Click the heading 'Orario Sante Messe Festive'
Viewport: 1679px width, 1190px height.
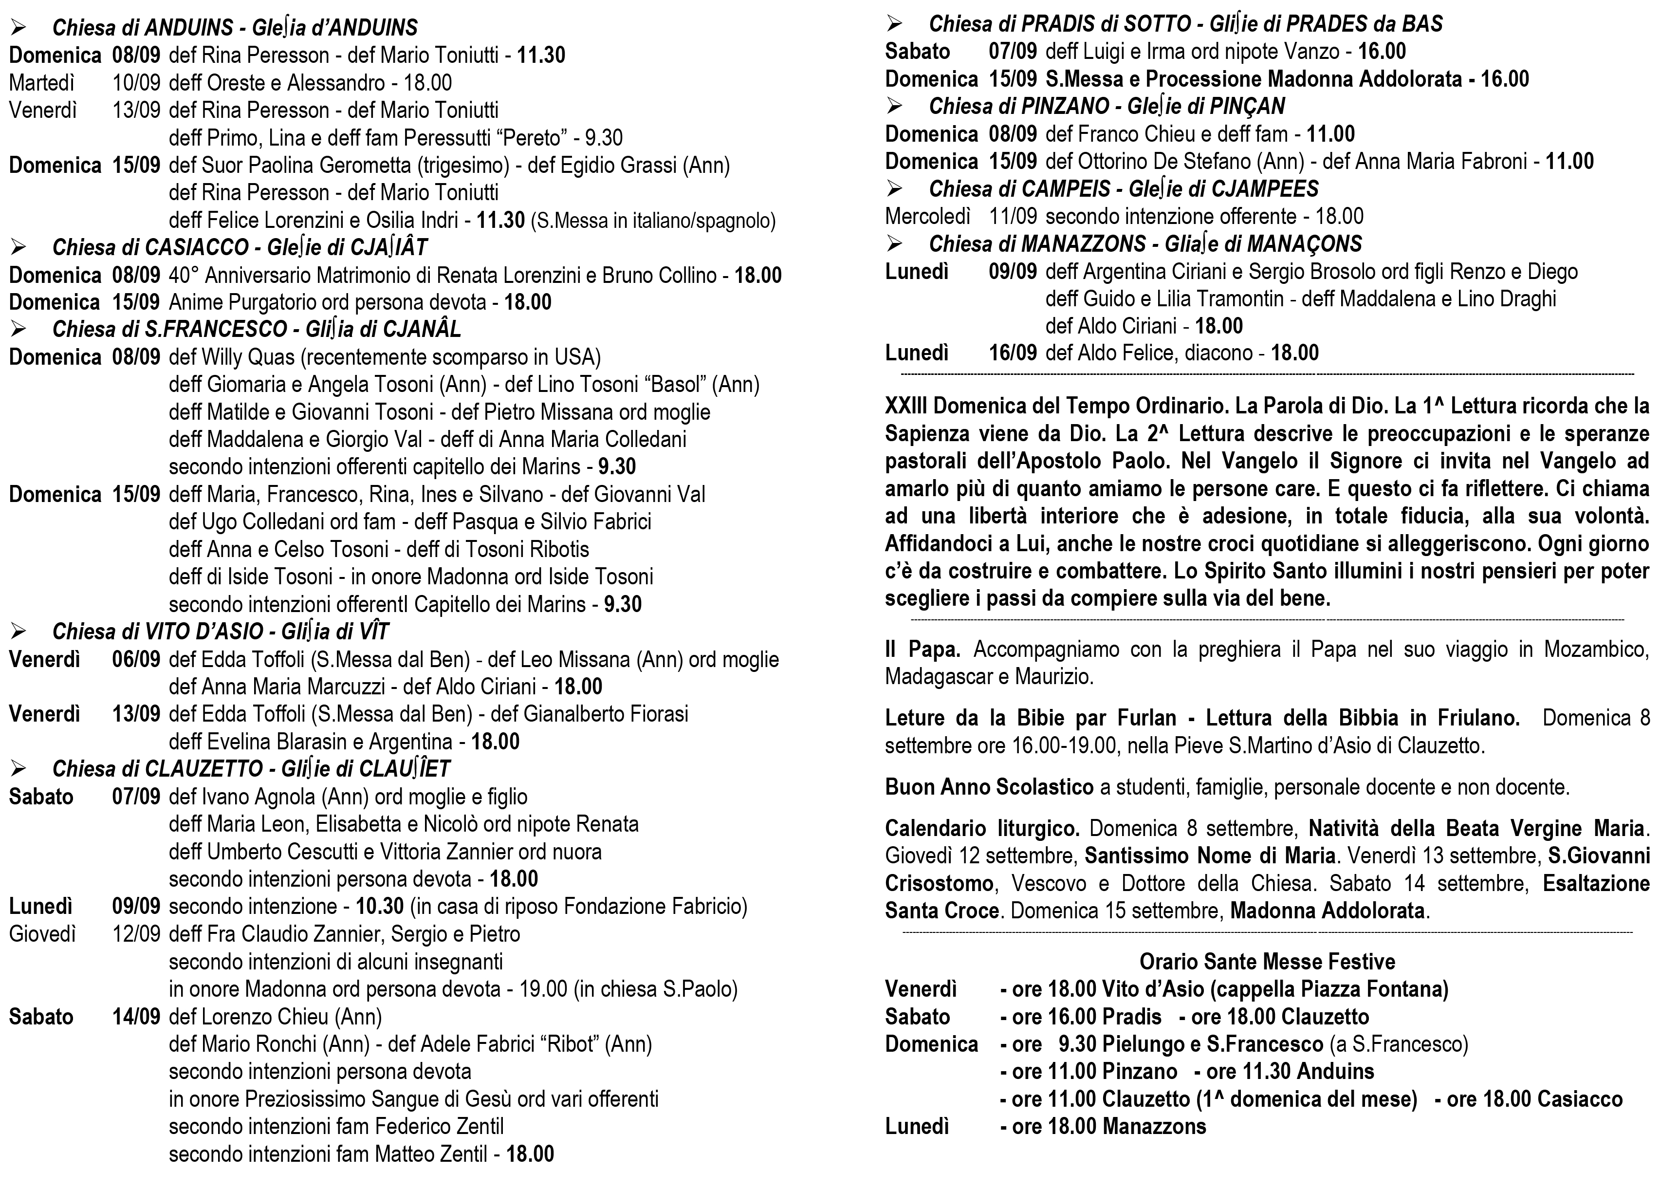(1267, 961)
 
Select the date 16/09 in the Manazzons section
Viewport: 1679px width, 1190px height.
(1013, 353)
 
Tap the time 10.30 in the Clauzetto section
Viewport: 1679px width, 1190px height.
(379, 907)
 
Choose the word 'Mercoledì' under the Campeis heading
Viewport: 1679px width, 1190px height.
(927, 217)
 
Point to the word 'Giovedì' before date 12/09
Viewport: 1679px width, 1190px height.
(42, 934)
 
